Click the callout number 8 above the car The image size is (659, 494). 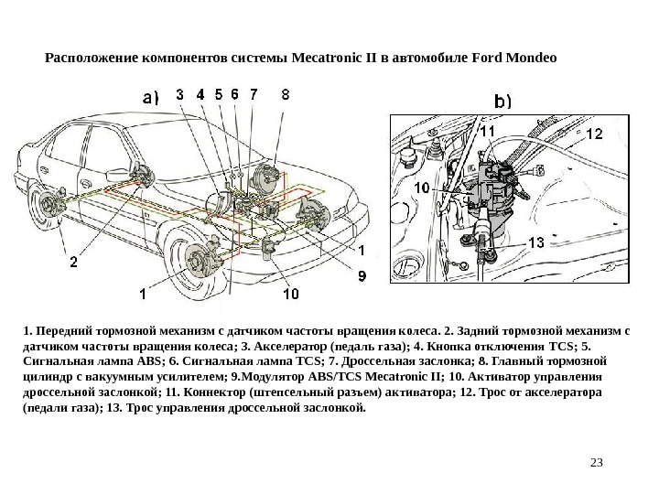(x=286, y=93)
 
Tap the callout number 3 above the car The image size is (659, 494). (x=179, y=93)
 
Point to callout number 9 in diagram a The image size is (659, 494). (x=362, y=274)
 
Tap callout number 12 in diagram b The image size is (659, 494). (x=594, y=134)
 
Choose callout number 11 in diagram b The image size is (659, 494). (x=487, y=132)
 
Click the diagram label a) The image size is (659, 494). (x=149, y=93)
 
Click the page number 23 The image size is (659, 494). (x=599, y=461)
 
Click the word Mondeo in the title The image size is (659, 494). (x=527, y=57)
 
